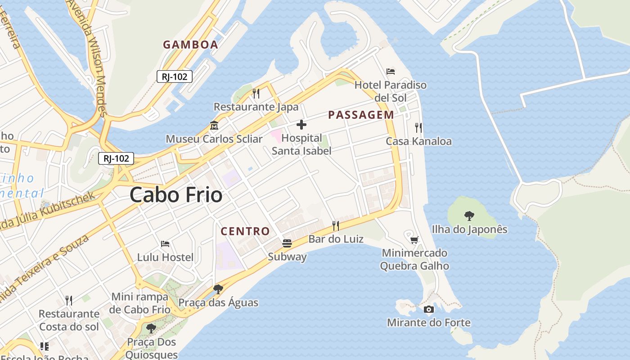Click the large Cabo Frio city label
point(176,195)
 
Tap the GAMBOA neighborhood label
point(190,45)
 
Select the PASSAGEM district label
point(361,115)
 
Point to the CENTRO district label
point(245,231)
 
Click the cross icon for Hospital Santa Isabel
point(301,125)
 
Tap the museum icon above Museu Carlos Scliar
point(214,125)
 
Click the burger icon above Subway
point(287,243)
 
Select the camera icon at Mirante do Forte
point(429,309)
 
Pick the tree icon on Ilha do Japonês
point(469,216)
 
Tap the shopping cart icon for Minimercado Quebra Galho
point(414,240)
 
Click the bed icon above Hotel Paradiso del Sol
point(391,72)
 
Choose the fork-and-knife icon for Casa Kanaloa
point(418,128)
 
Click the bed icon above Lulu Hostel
point(165,244)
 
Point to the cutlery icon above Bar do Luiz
point(336,225)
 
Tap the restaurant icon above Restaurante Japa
point(256,94)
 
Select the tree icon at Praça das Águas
point(218,289)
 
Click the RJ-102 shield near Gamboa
point(175,76)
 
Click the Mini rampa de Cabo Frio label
point(140,303)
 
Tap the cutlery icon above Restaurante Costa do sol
point(69,300)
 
